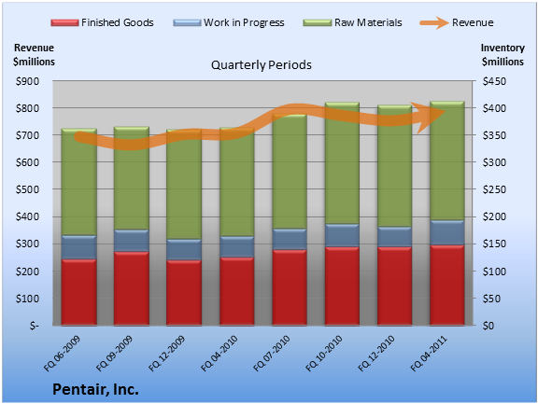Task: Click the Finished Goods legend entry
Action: click(102, 22)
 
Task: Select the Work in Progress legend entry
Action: click(229, 22)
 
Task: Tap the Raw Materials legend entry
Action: click(352, 22)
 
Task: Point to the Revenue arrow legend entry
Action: click(457, 22)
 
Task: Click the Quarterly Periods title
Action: click(262, 65)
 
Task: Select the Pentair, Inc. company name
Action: click(95, 390)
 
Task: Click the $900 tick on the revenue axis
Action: click(27, 81)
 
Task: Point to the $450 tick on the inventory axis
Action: click(494, 81)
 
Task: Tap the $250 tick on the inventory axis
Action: click(494, 189)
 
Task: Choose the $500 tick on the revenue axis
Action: click(27, 189)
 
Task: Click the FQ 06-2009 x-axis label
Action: click(62, 354)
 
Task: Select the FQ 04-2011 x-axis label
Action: click(429, 354)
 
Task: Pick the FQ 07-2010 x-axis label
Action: click(272, 354)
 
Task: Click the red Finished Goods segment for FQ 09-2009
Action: click(132, 288)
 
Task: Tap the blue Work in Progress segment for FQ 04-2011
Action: click(447, 232)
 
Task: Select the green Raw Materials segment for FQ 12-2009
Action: click(184, 185)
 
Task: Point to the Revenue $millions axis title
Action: click(34, 55)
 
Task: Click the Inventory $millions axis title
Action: click(503, 55)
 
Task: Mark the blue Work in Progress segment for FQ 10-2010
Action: click(342, 235)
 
